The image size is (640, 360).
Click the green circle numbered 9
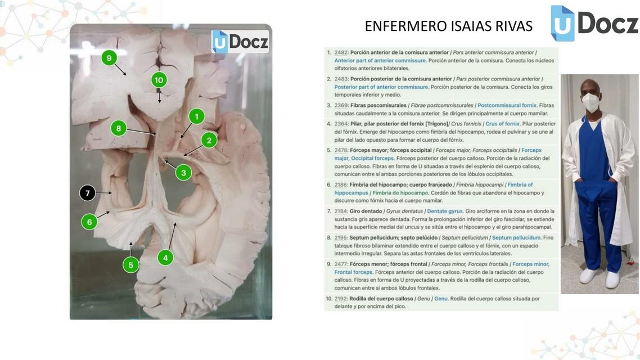(x=109, y=57)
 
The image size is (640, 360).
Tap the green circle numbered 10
(x=159, y=80)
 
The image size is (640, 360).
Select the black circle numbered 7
(x=87, y=193)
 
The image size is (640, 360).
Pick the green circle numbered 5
(x=131, y=264)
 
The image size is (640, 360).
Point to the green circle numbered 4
(x=165, y=258)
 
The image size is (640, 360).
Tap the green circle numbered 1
(x=196, y=116)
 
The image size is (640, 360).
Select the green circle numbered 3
(x=183, y=173)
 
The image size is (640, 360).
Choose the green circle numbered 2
(x=209, y=140)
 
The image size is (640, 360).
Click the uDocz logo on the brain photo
(x=240, y=42)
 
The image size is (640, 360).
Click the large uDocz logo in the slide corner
(x=594, y=23)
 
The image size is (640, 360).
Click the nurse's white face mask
(x=591, y=102)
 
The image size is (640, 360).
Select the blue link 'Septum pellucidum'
(x=516, y=237)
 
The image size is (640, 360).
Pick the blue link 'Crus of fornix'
(x=502, y=124)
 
